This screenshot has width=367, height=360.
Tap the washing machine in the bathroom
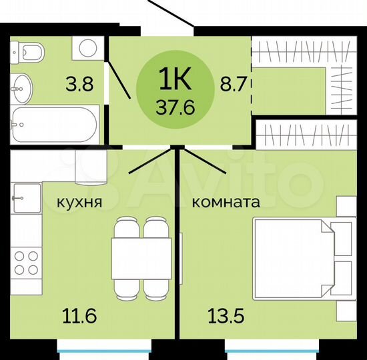click(x=87, y=48)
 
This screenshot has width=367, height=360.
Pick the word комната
click(x=226, y=201)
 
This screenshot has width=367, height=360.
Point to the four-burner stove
click(x=26, y=261)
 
